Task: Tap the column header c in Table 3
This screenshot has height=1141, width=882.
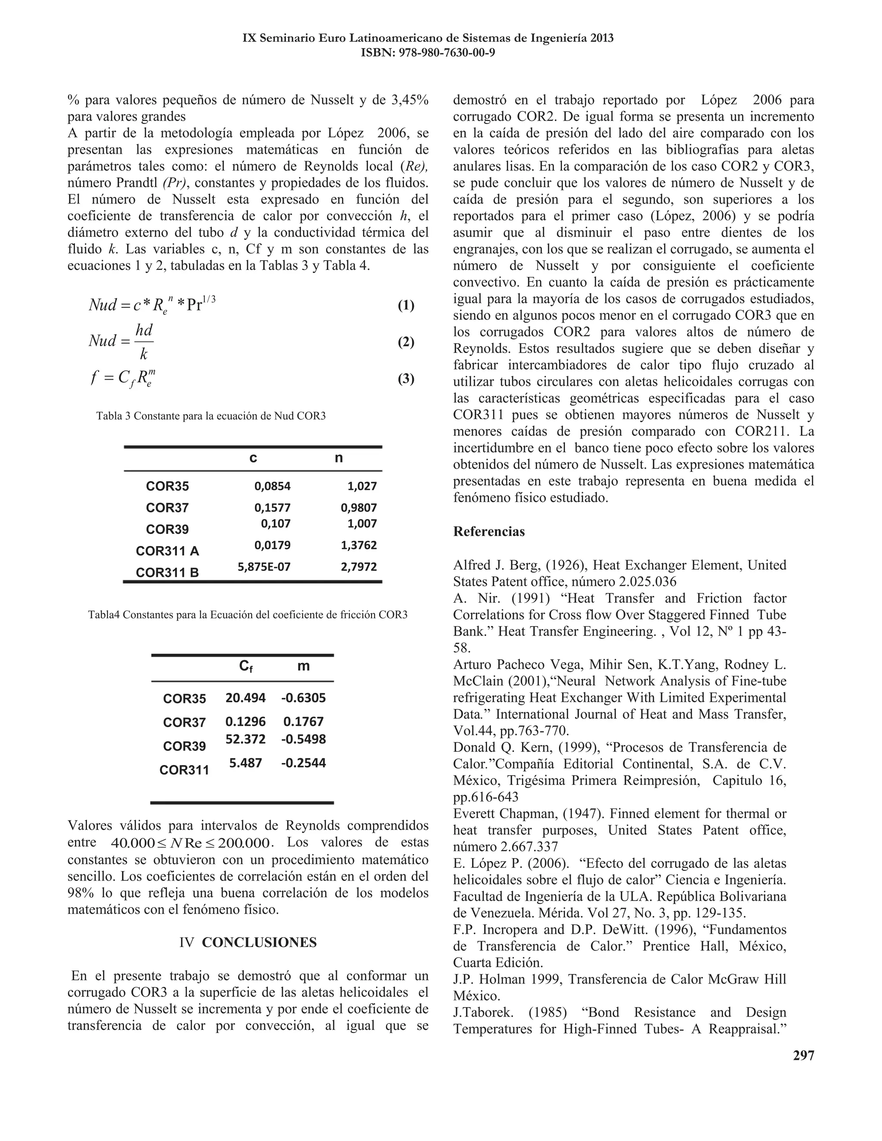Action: pos(253,458)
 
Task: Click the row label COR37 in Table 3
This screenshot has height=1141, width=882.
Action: pos(167,508)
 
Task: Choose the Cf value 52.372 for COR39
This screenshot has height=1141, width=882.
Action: pos(245,739)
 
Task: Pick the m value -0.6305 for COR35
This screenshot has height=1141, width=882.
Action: pos(303,698)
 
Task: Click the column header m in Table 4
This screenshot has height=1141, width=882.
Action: pos(303,666)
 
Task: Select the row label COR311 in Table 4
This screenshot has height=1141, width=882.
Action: pos(184,770)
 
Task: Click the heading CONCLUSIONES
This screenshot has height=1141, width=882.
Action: pos(259,943)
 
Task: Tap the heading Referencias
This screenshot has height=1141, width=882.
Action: pos(488,532)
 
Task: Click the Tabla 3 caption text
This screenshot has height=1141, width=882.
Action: pos(211,416)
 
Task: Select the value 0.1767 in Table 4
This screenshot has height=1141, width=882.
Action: pos(303,722)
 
